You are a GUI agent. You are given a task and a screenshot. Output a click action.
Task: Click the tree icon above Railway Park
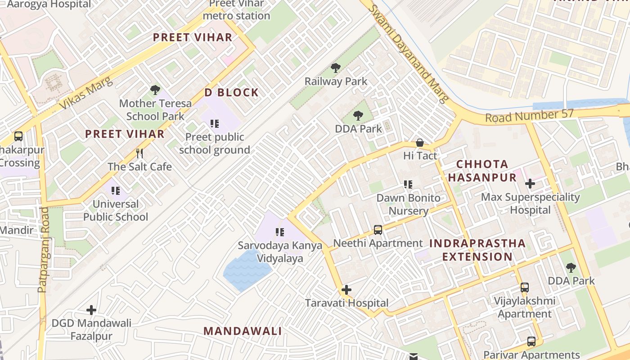pos(335,68)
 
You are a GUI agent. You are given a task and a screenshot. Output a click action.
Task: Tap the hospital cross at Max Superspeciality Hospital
pos(530,184)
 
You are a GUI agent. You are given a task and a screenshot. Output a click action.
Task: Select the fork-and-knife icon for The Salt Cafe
pos(139,153)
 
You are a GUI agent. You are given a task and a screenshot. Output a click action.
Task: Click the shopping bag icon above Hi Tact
pos(420,143)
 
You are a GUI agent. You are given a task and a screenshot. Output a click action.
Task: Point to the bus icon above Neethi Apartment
pos(378,230)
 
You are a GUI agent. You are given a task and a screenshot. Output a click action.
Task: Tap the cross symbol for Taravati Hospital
pos(346,290)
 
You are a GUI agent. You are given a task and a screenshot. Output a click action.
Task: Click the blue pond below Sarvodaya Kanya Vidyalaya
pos(247,270)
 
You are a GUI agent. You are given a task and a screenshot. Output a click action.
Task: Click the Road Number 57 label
pos(529,116)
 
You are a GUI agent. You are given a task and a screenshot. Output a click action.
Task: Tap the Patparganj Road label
pos(43,250)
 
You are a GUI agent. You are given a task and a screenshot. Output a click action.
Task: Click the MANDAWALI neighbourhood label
pos(243,331)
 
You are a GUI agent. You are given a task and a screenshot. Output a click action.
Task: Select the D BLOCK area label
pos(232,93)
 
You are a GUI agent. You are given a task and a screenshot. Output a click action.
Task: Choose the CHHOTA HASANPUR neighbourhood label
pos(482,171)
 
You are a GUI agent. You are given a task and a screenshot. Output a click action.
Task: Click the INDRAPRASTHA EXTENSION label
pos(477,250)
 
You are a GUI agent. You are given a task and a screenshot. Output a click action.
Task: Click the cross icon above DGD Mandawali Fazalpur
pos(91,310)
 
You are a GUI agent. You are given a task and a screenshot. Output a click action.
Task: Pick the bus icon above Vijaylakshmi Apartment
pos(524,287)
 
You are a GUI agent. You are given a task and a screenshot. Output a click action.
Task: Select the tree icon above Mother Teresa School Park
pos(155,90)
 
